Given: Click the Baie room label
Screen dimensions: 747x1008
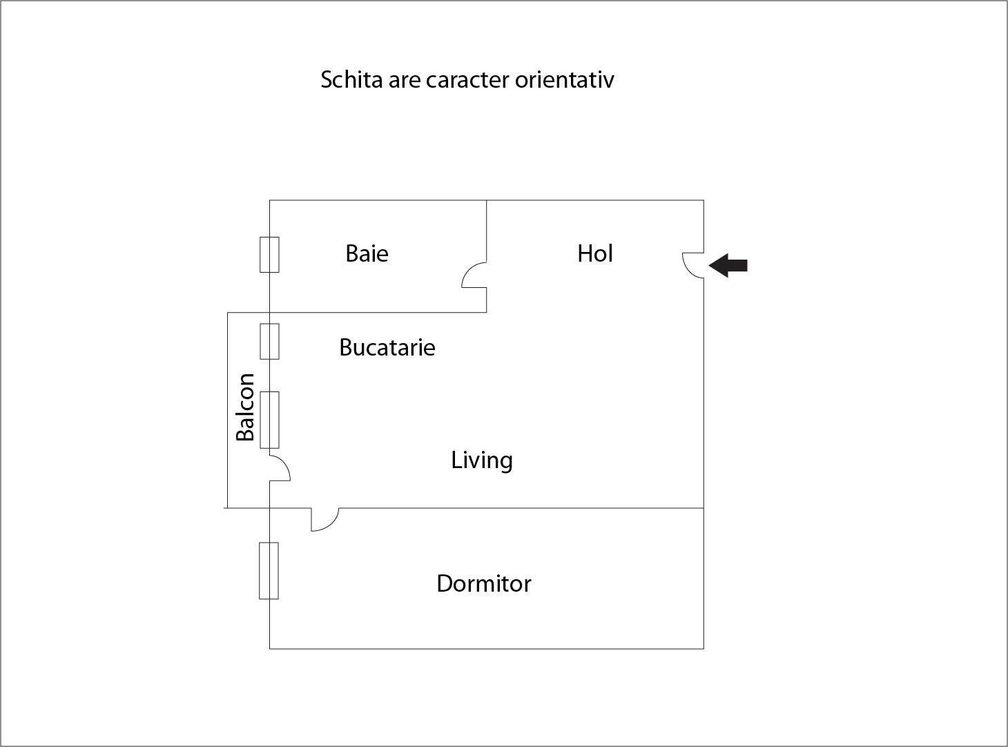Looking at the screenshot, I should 367,254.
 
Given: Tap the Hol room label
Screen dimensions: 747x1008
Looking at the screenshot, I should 595,254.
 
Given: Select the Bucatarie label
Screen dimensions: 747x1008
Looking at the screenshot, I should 387,347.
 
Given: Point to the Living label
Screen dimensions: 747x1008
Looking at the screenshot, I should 482,460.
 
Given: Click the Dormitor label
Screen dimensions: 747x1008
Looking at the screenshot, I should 484,584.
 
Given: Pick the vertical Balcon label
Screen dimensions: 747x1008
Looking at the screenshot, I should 246,407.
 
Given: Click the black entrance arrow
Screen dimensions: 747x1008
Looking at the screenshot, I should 728,265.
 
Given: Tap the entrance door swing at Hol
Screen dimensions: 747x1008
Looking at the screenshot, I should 691,264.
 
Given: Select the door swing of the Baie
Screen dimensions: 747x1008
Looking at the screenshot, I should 474,275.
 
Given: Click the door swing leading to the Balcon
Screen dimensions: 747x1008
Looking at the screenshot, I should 280,468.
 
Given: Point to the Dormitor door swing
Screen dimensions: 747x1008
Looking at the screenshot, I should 324,520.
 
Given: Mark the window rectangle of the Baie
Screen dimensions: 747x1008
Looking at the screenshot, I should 269,255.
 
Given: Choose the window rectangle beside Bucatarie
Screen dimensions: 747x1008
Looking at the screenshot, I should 269,341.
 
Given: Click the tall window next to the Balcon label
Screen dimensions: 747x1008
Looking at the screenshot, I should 269,420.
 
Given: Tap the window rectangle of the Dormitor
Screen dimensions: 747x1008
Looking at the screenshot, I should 269,570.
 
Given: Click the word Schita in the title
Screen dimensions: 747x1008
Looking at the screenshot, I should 351,80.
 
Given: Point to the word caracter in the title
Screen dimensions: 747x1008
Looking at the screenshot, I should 467,80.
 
